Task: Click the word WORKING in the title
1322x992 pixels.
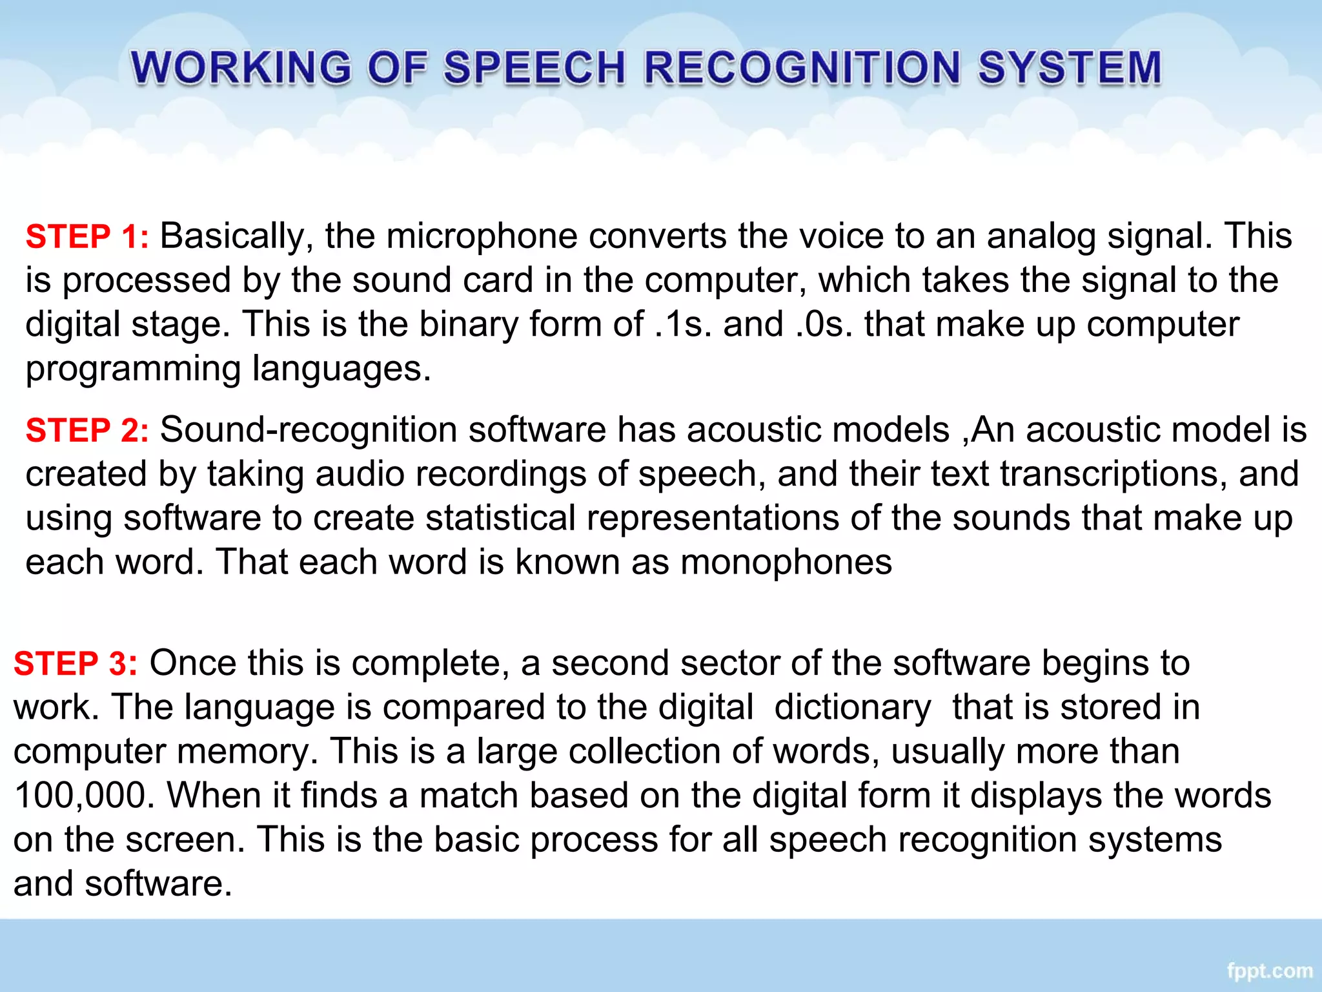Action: [x=241, y=68]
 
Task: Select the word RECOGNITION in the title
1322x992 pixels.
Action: [x=802, y=68]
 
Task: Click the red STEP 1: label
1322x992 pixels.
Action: [x=87, y=236]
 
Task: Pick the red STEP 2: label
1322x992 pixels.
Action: [x=87, y=430]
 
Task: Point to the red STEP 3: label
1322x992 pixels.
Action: [x=76, y=664]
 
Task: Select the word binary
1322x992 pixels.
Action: [x=469, y=324]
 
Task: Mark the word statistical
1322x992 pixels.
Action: [x=500, y=518]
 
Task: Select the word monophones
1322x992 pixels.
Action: [x=786, y=562]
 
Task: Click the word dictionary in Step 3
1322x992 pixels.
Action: [x=852, y=707]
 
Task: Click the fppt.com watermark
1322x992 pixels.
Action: [x=1269, y=971]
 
